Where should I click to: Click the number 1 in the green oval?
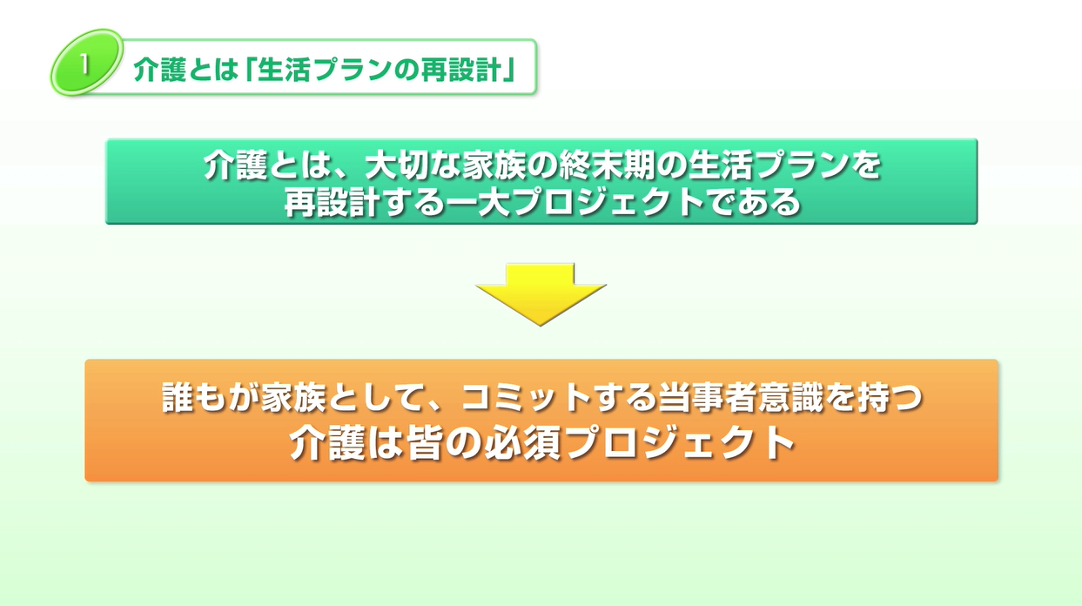[84, 64]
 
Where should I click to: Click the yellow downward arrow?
[541, 293]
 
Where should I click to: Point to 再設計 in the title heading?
[460, 70]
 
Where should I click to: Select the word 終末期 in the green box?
[606, 165]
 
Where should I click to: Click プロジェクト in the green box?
[608, 202]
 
